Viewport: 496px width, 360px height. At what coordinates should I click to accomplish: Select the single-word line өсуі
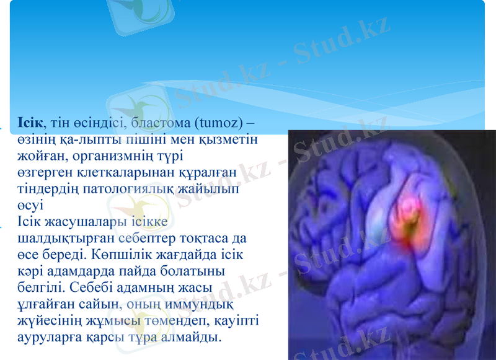(x=30, y=205)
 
